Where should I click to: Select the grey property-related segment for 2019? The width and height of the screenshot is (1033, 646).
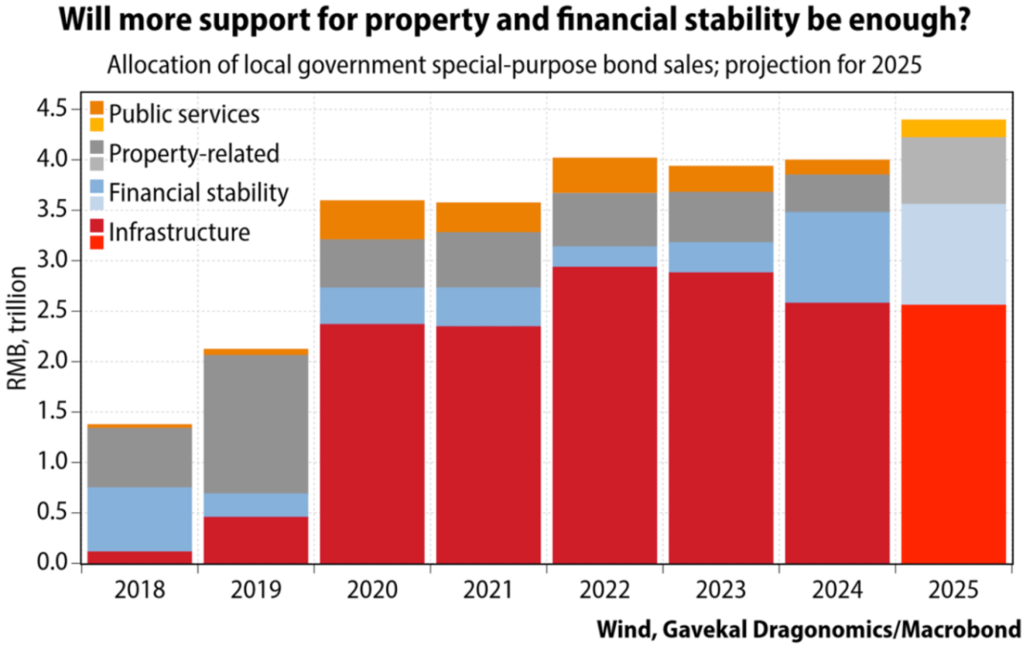(x=256, y=424)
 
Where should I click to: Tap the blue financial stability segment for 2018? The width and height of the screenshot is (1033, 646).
(x=140, y=519)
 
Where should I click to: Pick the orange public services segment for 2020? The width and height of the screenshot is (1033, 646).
(x=372, y=219)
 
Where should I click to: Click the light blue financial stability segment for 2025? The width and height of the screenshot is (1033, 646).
(x=953, y=254)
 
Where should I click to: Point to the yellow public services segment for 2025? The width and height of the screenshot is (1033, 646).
(x=953, y=128)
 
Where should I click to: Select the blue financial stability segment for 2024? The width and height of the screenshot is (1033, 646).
(x=837, y=256)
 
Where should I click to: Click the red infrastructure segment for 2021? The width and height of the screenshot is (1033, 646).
(x=489, y=444)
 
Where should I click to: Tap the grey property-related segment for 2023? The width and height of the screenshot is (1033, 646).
(x=720, y=216)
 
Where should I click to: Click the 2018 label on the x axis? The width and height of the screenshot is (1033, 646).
(x=140, y=587)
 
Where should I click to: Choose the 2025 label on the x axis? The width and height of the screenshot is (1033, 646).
(x=953, y=587)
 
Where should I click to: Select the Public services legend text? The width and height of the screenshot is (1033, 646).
(x=184, y=115)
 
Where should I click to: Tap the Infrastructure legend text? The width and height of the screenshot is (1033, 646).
(x=179, y=233)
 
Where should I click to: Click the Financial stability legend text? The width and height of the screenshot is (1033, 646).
(x=198, y=192)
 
